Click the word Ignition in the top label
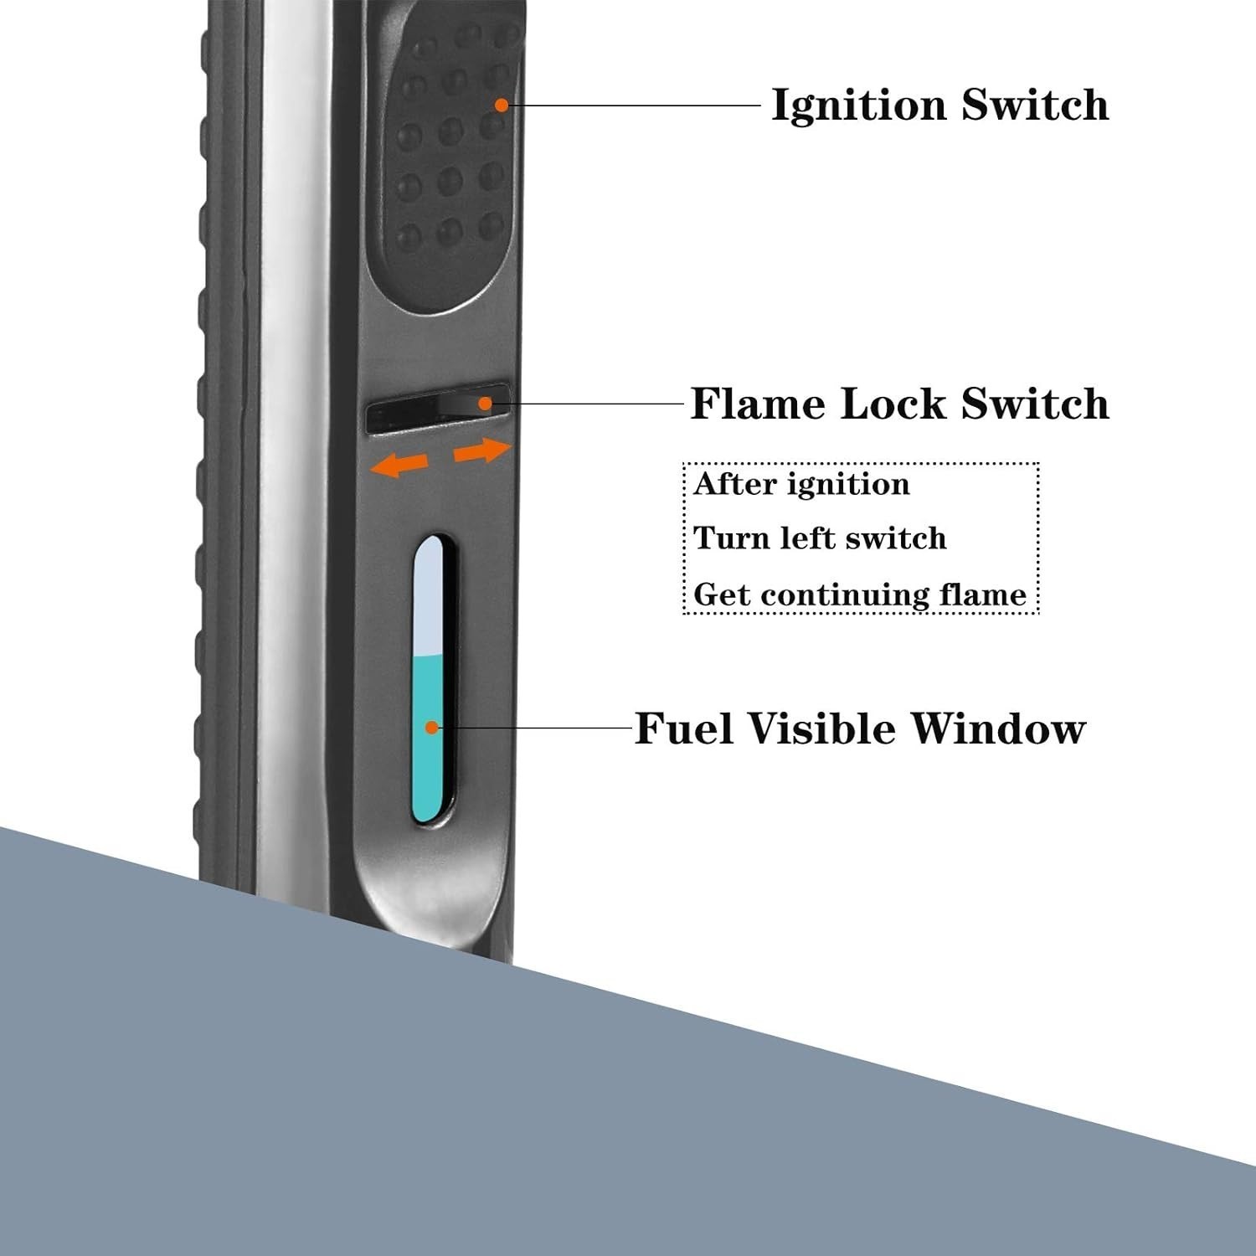tap(859, 106)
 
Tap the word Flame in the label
tap(759, 404)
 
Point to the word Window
tap(998, 728)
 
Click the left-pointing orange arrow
tap(399, 464)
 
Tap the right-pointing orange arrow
tap(482, 451)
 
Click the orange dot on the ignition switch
tap(501, 105)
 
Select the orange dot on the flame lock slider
tap(485, 404)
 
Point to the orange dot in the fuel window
tap(432, 728)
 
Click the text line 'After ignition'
tap(801, 484)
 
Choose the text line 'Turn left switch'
tap(820, 538)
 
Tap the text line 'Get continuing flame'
tap(860, 595)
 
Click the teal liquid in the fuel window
tap(428, 737)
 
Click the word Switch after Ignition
tap(1035, 106)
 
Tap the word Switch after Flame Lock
tap(1035, 404)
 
